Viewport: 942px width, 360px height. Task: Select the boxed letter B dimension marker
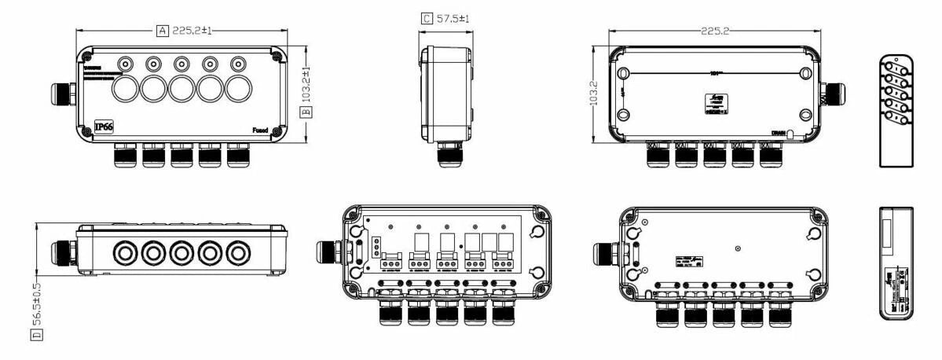(x=307, y=111)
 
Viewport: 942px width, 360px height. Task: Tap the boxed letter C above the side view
(x=427, y=17)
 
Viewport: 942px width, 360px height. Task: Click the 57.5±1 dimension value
(x=453, y=17)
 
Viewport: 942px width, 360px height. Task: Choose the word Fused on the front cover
(x=260, y=130)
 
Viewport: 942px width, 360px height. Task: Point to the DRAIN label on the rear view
(x=778, y=133)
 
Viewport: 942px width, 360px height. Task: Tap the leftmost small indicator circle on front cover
(x=124, y=63)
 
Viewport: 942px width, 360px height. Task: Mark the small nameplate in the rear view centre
(x=715, y=104)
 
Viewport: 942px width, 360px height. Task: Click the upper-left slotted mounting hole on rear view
(x=622, y=73)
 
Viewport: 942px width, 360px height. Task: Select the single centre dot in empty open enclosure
(x=737, y=248)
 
